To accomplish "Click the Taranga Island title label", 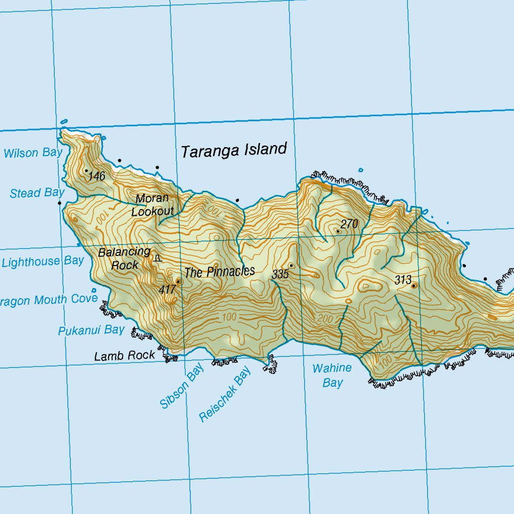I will click(234, 150).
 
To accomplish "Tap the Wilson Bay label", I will click(33, 153).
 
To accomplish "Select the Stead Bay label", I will click(37, 193).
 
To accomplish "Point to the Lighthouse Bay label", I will click(43, 262).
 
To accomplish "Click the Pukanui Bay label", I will click(91, 330).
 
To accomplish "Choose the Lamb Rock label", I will click(124, 356).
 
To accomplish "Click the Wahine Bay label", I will click(332, 375).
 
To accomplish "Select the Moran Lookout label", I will click(153, 205).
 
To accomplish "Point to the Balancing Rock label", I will click(124, 258).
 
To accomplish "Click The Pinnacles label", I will click(219, 272).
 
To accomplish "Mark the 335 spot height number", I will click(280, 275).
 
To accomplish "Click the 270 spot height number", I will click(349, 224).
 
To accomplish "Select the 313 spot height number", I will click(403, 280).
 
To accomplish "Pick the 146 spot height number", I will click(97, 176).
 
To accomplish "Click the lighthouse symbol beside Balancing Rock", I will click(158, 259).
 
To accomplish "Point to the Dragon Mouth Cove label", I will click(49, 300).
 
